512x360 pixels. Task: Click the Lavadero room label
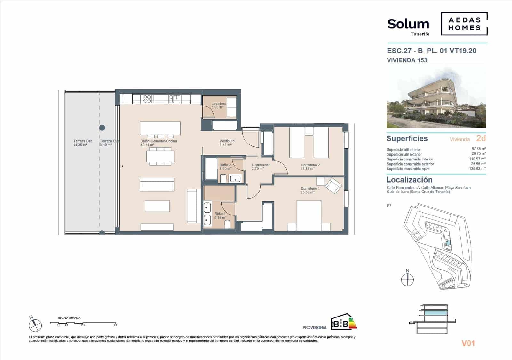[219, 104]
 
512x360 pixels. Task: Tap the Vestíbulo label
[227, 141]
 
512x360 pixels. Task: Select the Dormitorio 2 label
[310, 165]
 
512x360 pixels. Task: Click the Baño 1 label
[220, 214]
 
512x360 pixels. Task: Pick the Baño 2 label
[225, 165]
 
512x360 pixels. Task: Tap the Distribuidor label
[260, 165]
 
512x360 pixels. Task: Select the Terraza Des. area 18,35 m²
[80, 145]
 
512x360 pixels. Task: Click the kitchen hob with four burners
[147, 99]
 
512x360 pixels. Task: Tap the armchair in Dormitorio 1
[333, 186]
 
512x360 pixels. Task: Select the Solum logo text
[408, 24]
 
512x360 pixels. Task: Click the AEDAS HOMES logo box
[464, 24]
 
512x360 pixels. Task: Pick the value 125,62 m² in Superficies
[478, 169]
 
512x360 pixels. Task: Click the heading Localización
[409, 180]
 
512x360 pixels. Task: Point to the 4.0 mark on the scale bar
[115, 325]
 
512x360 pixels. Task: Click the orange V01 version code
[468, 343]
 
